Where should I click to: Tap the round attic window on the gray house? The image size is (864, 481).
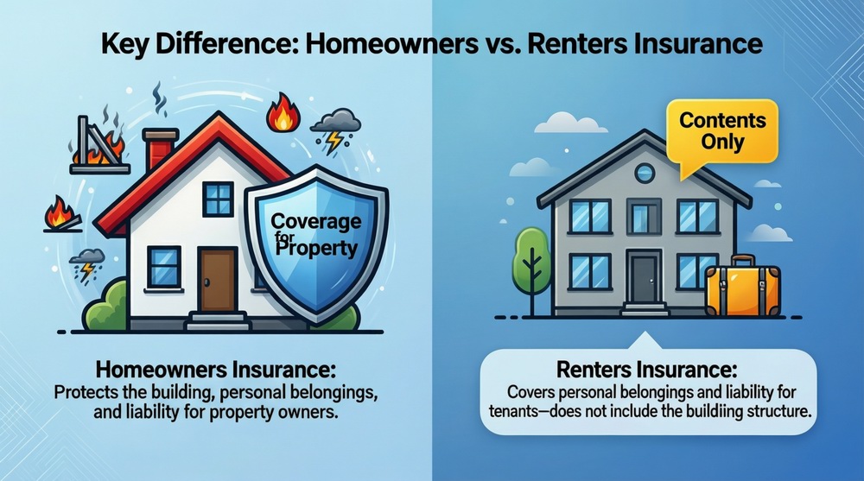[645, 173]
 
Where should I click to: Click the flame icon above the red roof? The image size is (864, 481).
[283, 115]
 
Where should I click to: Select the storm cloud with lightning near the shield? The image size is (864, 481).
[335, 129]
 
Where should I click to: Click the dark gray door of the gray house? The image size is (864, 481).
[644, 278]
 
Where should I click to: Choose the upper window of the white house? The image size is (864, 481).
[219, 199]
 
